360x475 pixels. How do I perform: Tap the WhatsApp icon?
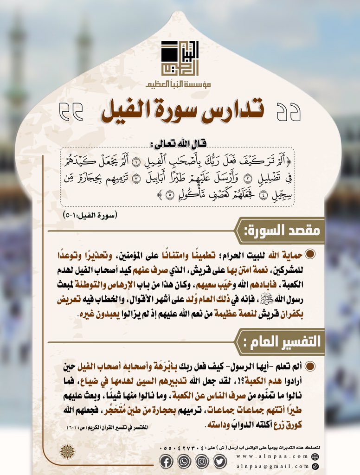(184, 462)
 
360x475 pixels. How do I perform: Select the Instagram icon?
(202, 462)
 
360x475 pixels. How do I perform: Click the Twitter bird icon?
(220, 462)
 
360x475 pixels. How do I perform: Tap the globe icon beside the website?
(315, 456)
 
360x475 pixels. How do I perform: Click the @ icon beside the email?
(315, 467)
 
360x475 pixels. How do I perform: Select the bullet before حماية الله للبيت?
(310, 255)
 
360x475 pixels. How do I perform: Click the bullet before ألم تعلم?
(310, 367)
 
